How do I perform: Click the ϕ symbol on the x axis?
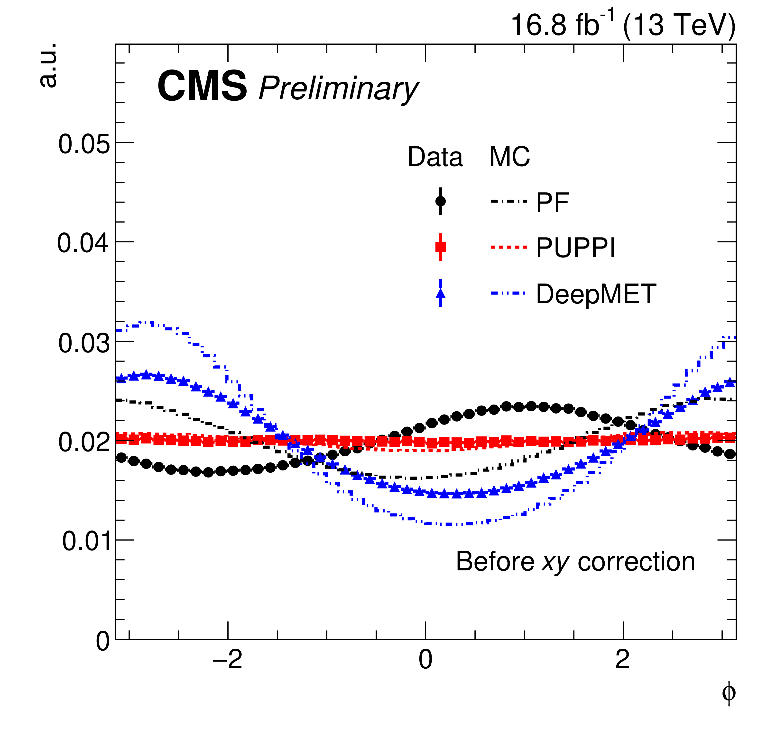coord(728,692)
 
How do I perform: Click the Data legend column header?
coord(435,157)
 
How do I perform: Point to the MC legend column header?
coord(509,157)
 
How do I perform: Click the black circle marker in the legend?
coord(440,201)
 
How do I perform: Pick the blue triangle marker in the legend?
coord(440,294)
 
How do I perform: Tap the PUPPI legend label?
coord(575,248)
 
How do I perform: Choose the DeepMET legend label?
coord(596,294)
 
